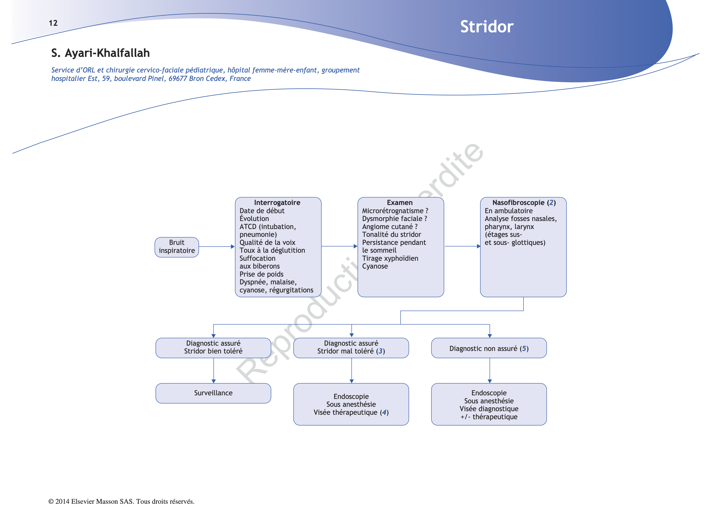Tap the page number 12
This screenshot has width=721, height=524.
[53, 23]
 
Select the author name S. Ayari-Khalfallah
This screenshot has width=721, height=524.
[101, 53]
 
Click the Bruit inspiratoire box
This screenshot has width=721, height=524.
[177, 247]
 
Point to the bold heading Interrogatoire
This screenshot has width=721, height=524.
[277, 203]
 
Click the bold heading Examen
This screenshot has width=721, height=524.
[400, 203]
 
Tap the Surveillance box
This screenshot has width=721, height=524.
[213, 393]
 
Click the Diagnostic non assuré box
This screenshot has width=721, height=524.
[489, 348]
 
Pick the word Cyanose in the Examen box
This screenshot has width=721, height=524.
[375, 266]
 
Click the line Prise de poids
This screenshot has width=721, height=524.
[261, 274]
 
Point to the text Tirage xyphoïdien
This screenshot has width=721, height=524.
[390, 258]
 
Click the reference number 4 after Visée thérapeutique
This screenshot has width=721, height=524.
[384, 412]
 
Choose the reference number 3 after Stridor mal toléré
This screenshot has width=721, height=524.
[380, 351]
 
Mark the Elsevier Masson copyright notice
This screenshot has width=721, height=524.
[121, 501]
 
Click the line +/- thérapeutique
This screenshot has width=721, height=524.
[489, 417]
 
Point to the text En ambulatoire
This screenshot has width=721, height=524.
[508, 211]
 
